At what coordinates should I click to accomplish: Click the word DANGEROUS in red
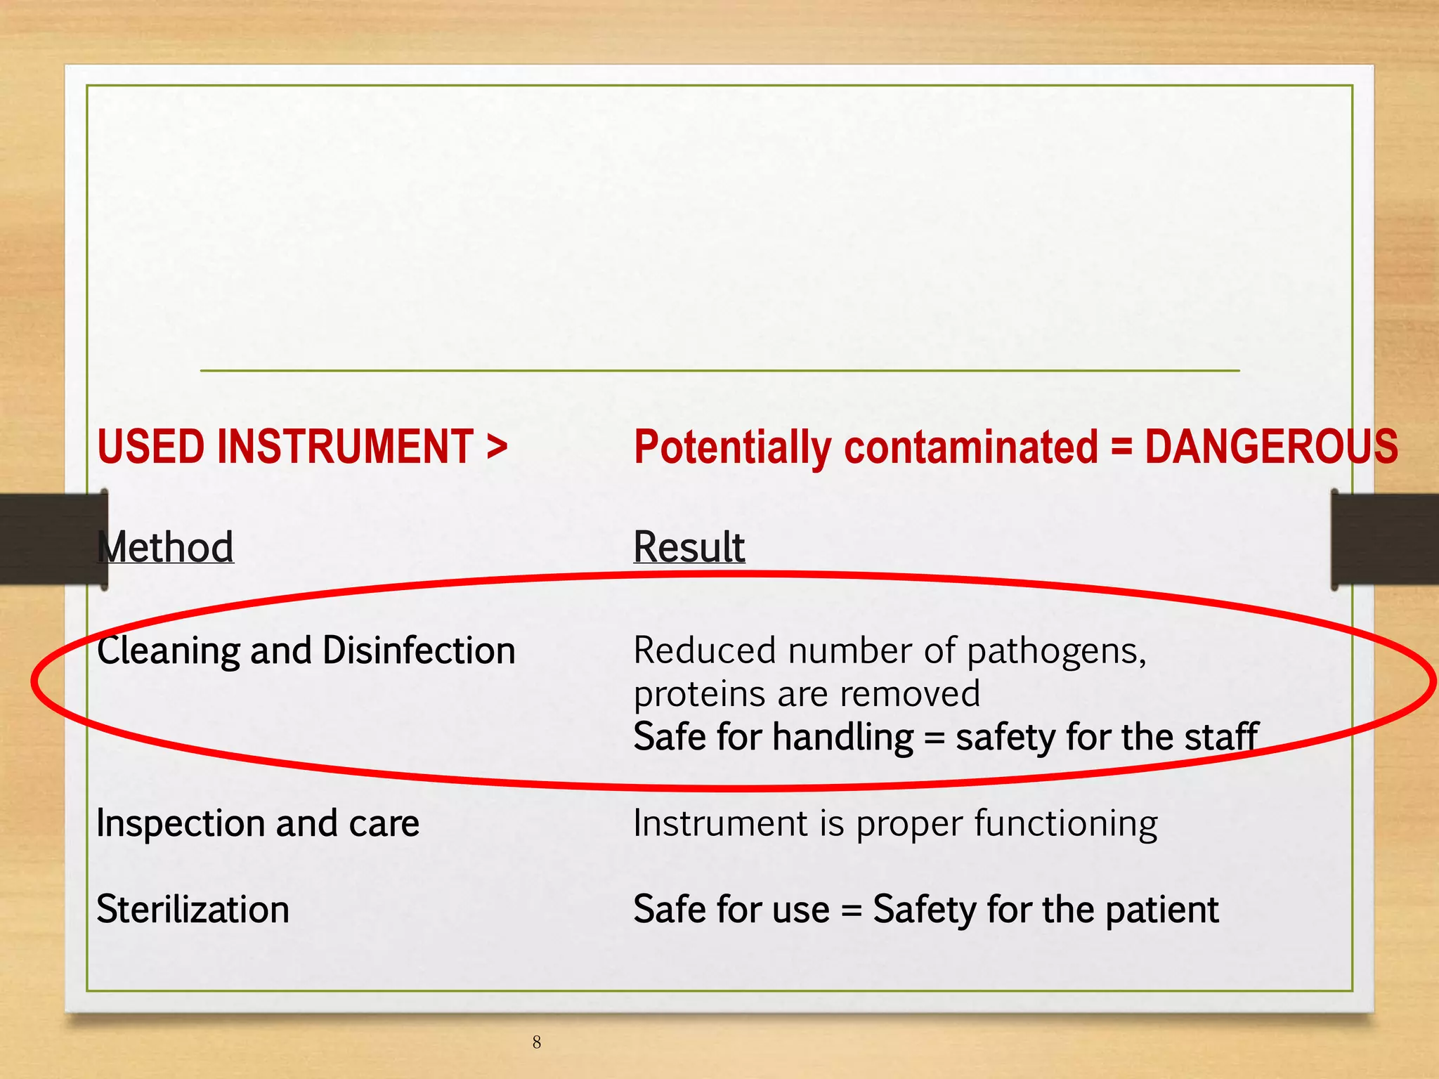tap(1270, 447)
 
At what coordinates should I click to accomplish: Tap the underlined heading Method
tap(166, 547)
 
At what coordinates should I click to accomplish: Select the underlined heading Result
tap(689, 547)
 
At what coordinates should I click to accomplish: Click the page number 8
tap(537, 1042)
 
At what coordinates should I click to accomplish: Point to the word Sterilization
tap(193, 909)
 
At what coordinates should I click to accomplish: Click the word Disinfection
tap(419, 650)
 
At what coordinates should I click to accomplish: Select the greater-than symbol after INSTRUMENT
tap(497, 447)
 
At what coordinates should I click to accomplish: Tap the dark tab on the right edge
tap(1384, 539)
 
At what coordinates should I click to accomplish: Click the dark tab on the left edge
tap(49, 539)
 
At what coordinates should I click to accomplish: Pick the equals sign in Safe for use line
tap(851, 910)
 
